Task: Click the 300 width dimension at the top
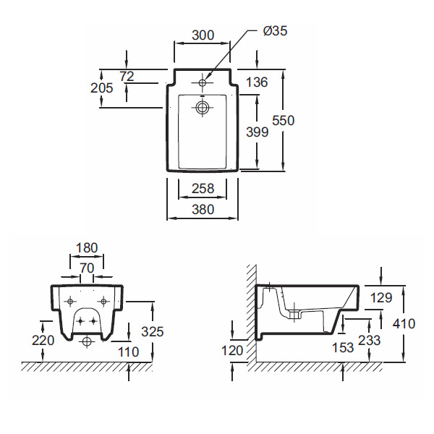pos(202,34)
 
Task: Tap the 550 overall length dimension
pos(283,121)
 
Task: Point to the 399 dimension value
pos(257,132)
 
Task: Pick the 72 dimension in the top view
pos(127,76)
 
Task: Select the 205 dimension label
pos(102,88)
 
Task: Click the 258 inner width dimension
pos(203,189)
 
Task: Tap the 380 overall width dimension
pos(203,210)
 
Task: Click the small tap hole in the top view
pos(203,83)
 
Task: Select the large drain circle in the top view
pos(203,109)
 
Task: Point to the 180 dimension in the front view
pos(86,248)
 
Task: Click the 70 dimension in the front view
pos(86,267)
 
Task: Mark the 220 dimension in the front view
pos(43,339)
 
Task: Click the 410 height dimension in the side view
pos(404,323)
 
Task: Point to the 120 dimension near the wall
pos(231,350)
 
